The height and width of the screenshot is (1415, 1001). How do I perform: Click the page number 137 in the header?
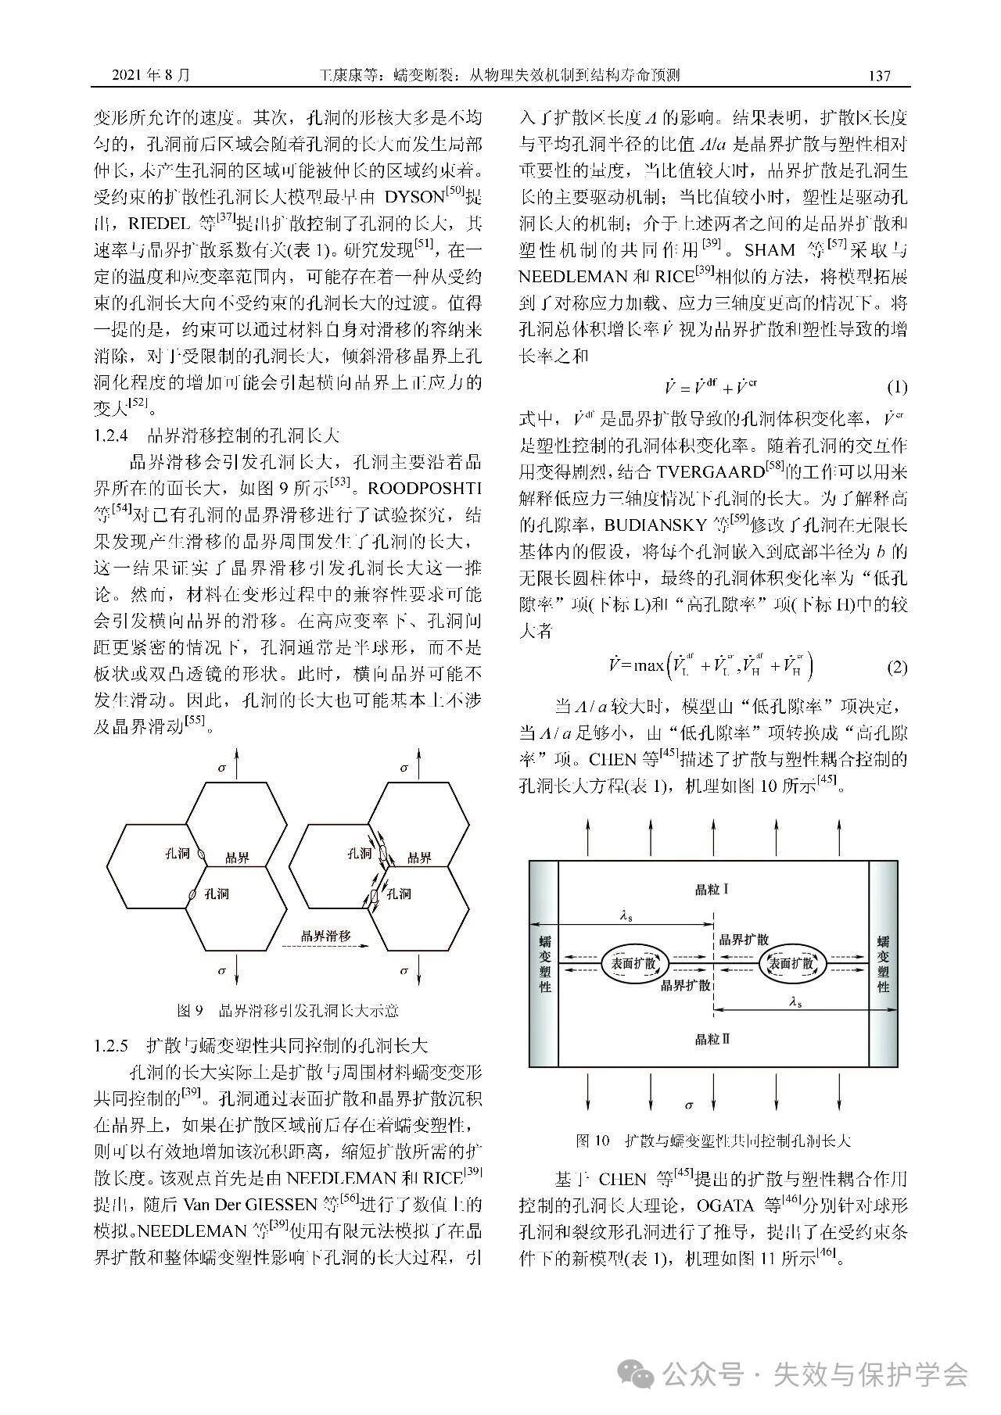[x=879, y=76]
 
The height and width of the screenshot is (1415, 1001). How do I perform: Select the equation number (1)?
[x=896, y=387]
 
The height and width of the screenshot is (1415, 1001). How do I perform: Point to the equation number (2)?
[x=896, y=667]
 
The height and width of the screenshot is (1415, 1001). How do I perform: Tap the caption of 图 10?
[x=712, y=1141]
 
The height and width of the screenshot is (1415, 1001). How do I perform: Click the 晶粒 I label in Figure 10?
[x=712, y=889]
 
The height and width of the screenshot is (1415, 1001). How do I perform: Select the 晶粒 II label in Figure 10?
[x=712, y=1039]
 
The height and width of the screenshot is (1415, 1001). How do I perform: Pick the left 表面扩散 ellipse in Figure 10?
[x=634, y=964]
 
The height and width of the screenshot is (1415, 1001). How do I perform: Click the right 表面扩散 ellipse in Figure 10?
[x=792, y=964]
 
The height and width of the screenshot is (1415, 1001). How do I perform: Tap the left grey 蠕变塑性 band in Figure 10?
[x=544, y=964]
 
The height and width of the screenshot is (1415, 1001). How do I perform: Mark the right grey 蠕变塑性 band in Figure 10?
[x=883, y=964]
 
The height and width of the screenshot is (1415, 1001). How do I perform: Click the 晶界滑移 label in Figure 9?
[x=326, y=935]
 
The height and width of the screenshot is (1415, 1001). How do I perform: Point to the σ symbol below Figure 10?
[x=688, y=1105]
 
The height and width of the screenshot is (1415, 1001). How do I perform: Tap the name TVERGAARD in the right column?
[x=710, y=471]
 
